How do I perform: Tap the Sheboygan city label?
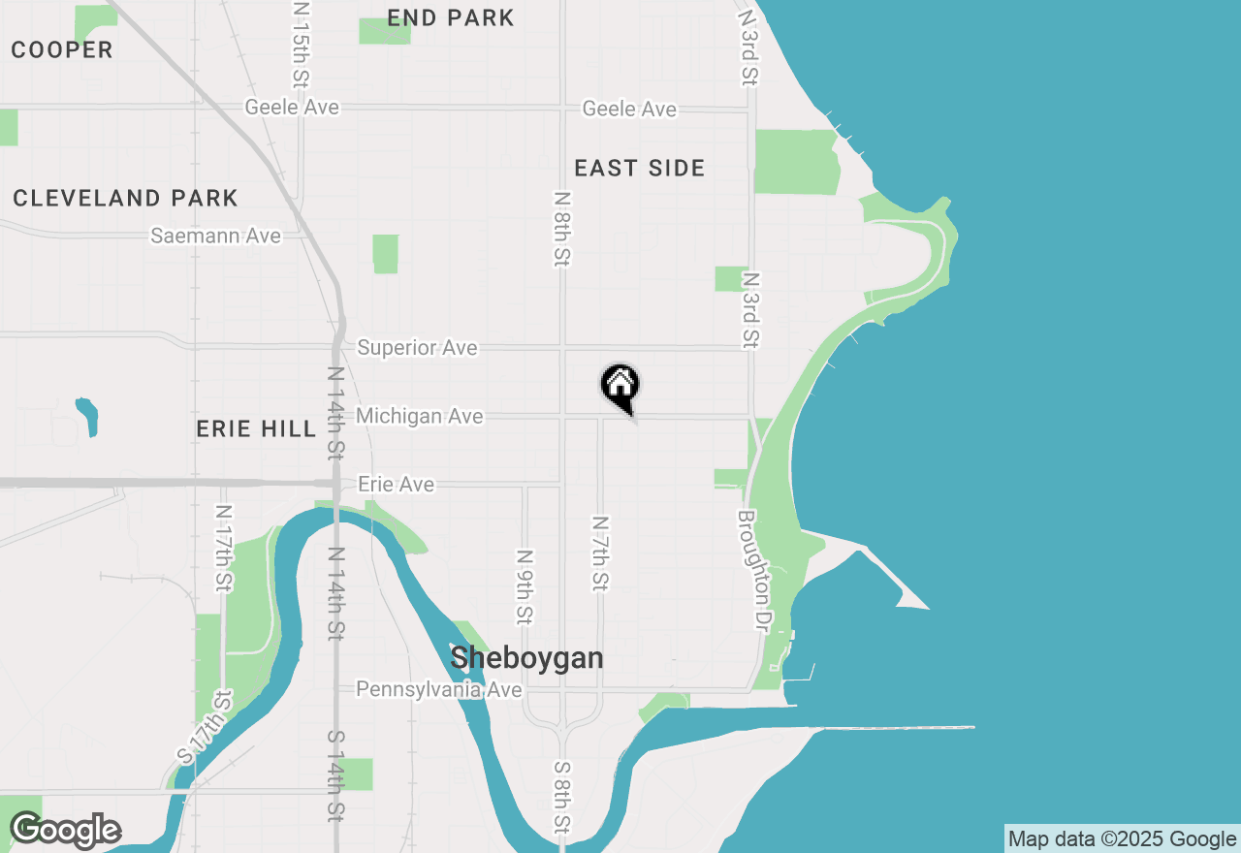pyautogui.click(x=526, y=658)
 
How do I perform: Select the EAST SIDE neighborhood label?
pyautogui.click(x=639, y=169)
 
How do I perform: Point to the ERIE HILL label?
pyautogui.click(x=256, y=428)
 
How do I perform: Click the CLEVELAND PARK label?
pyautogui.click(x=125, y=199)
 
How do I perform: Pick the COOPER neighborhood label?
pyautogui.click(x=62, y=50)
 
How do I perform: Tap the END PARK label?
pyautogui.click(x=451, y=17)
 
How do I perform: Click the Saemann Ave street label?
pyautogui.click(x=215, y=236)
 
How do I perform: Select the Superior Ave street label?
pyautogui.click(x=417, y=347)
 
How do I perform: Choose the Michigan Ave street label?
pyautogui.click(x=419, y=416)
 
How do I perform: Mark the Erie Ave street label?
pyautogui.click(x=396, y=484)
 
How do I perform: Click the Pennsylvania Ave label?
pyautogui.click(x=438, y=689)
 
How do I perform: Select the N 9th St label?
pyautogui.click(x=525, y=586)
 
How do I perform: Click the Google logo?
pyautogui.click(x=65, y=831)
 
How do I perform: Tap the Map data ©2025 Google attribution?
pyautogui.click(x=1122, y=839)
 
